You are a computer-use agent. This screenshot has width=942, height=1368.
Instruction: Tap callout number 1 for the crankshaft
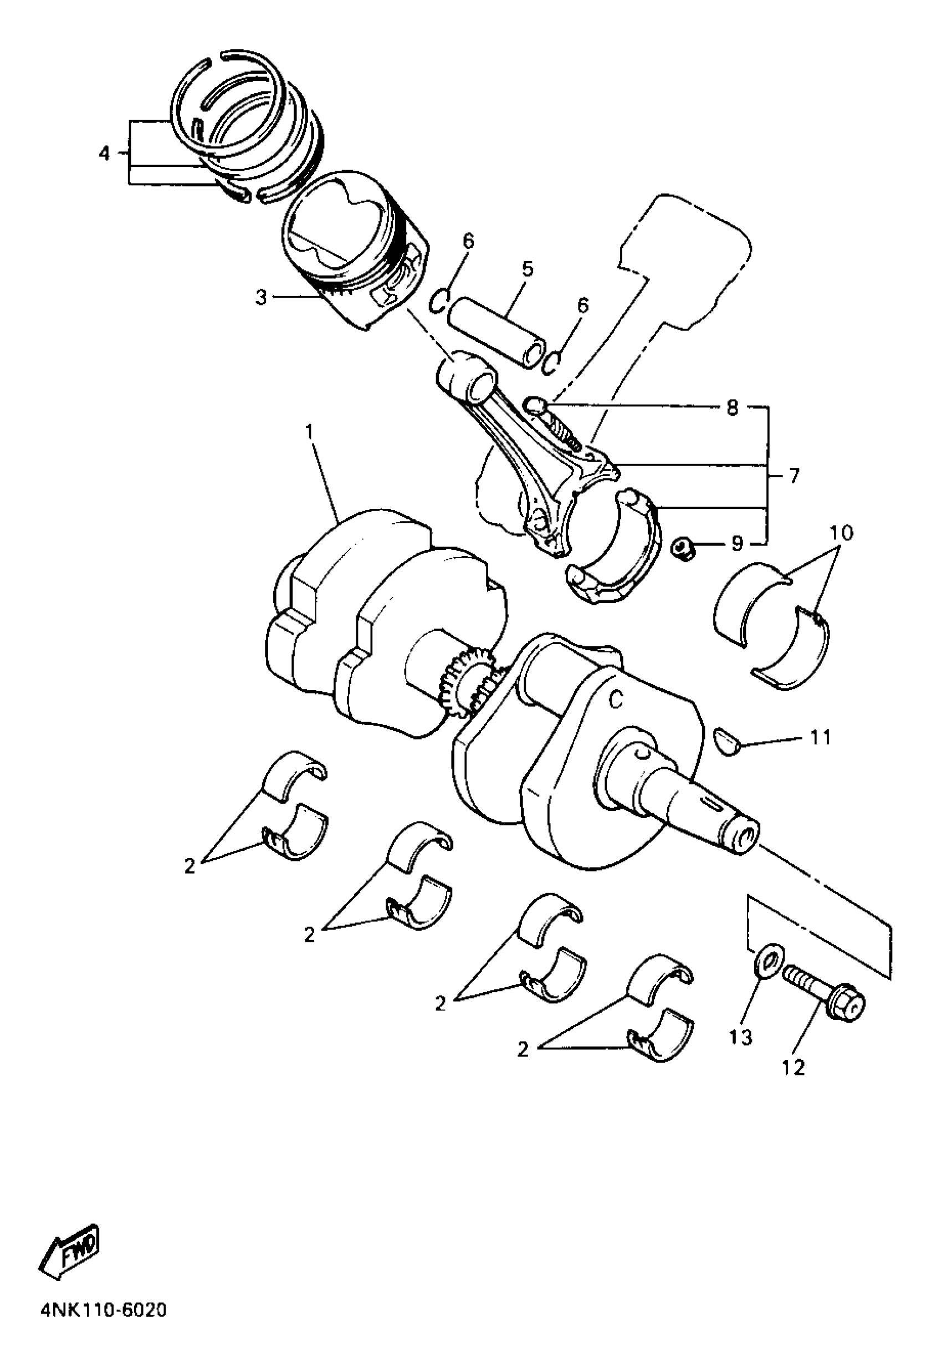click(309, 433)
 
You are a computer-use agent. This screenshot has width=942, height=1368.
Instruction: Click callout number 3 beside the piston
click(260, 297)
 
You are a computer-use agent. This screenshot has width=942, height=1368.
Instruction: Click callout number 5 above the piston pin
click(527, 269)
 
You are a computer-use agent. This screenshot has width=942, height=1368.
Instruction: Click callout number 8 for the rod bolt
click(732, 407)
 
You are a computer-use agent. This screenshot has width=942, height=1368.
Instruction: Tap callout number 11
click(821, 737)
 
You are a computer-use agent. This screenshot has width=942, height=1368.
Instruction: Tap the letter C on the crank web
click(616, 700)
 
